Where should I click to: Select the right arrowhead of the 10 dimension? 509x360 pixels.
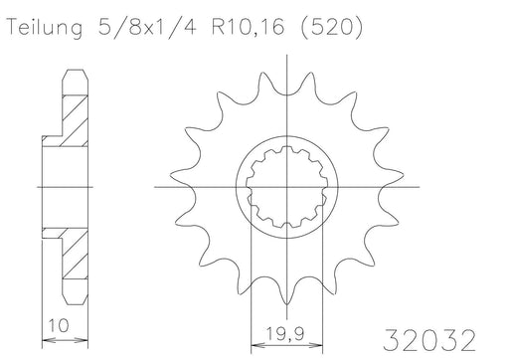(81, 339)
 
